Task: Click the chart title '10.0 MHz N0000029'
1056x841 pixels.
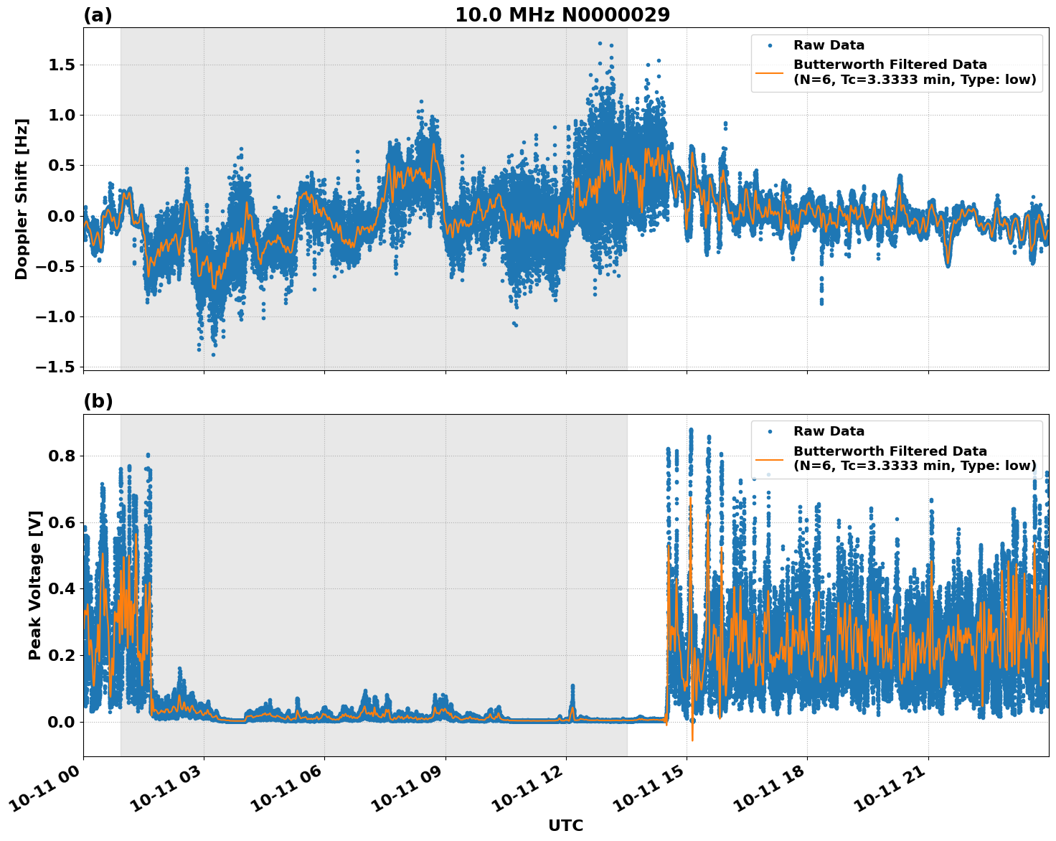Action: click(x=562, y=15)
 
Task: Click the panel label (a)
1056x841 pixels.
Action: click(x=98, y=15)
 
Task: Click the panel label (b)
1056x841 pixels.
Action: click(x=98, y=401)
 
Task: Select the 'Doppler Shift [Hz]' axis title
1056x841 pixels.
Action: click(x=22, y=199)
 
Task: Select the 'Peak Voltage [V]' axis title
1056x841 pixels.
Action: click(x=35, y=585)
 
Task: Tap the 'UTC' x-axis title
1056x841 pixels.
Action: click(x=565, y=826)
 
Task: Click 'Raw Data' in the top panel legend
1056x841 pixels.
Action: click(x=829, y=45)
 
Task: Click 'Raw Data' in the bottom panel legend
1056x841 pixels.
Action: click(x=829, y=431)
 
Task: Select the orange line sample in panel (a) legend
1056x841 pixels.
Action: click(x=770, y=72)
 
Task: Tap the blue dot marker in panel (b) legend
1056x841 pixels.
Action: click(x=770, y=432)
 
